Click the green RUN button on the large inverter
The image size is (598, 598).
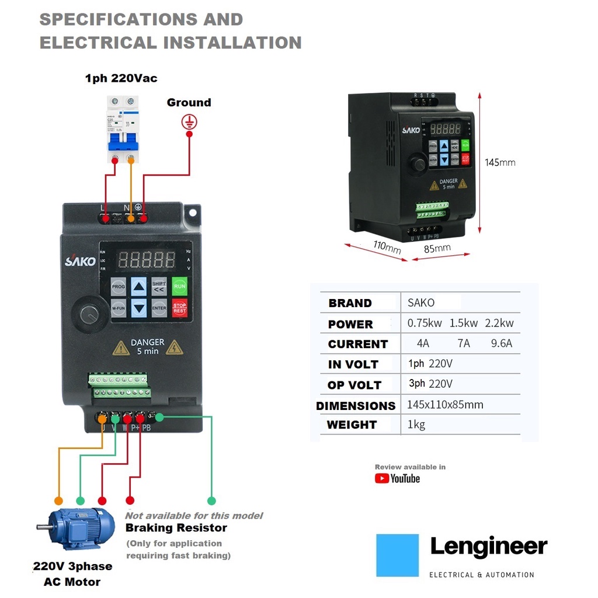(180, 286)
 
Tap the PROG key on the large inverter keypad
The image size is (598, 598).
(119, 287)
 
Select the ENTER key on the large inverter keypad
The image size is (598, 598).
(159, 307)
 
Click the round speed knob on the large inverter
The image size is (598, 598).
(89, 314)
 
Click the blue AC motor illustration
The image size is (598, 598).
(76, 529)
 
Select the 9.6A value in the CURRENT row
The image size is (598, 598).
(502, 343)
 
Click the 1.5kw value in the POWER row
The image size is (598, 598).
(464, 323)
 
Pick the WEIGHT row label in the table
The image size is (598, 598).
(352, 425)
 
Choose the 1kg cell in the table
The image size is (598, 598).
(416, 425)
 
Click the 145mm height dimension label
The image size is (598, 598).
(500, 162)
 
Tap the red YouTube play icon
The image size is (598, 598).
(382, 479)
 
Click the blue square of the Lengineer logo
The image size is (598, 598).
(398, 555)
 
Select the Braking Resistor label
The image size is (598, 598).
(176, 528)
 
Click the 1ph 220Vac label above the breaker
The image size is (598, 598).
(121, 78)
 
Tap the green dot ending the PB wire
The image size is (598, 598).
(211, 500)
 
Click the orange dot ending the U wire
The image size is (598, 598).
(58, 500)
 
